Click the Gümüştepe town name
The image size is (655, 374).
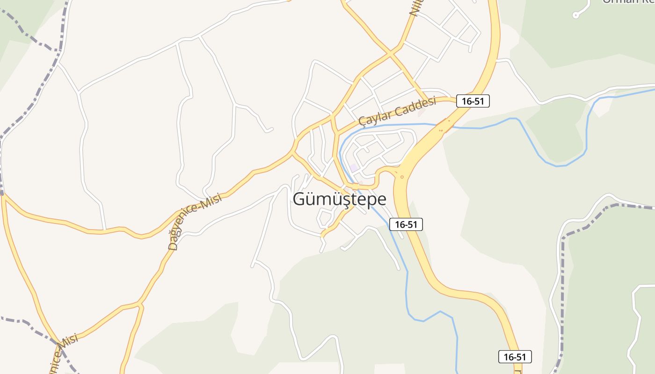[340, 199]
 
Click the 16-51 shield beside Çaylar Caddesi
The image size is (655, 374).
[473, 101]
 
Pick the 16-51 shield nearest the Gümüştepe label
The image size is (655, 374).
[406, 224]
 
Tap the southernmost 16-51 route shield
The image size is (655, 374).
[515, 357]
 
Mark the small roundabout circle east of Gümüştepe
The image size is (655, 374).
[402, 177]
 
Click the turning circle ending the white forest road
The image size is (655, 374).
[575, 15]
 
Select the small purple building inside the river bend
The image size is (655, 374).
[354, 167]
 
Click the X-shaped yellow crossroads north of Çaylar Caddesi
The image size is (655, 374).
[390, 55]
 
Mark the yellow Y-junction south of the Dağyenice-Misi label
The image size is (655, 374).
[140, 305]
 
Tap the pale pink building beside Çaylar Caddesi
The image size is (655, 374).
[421, 113]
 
